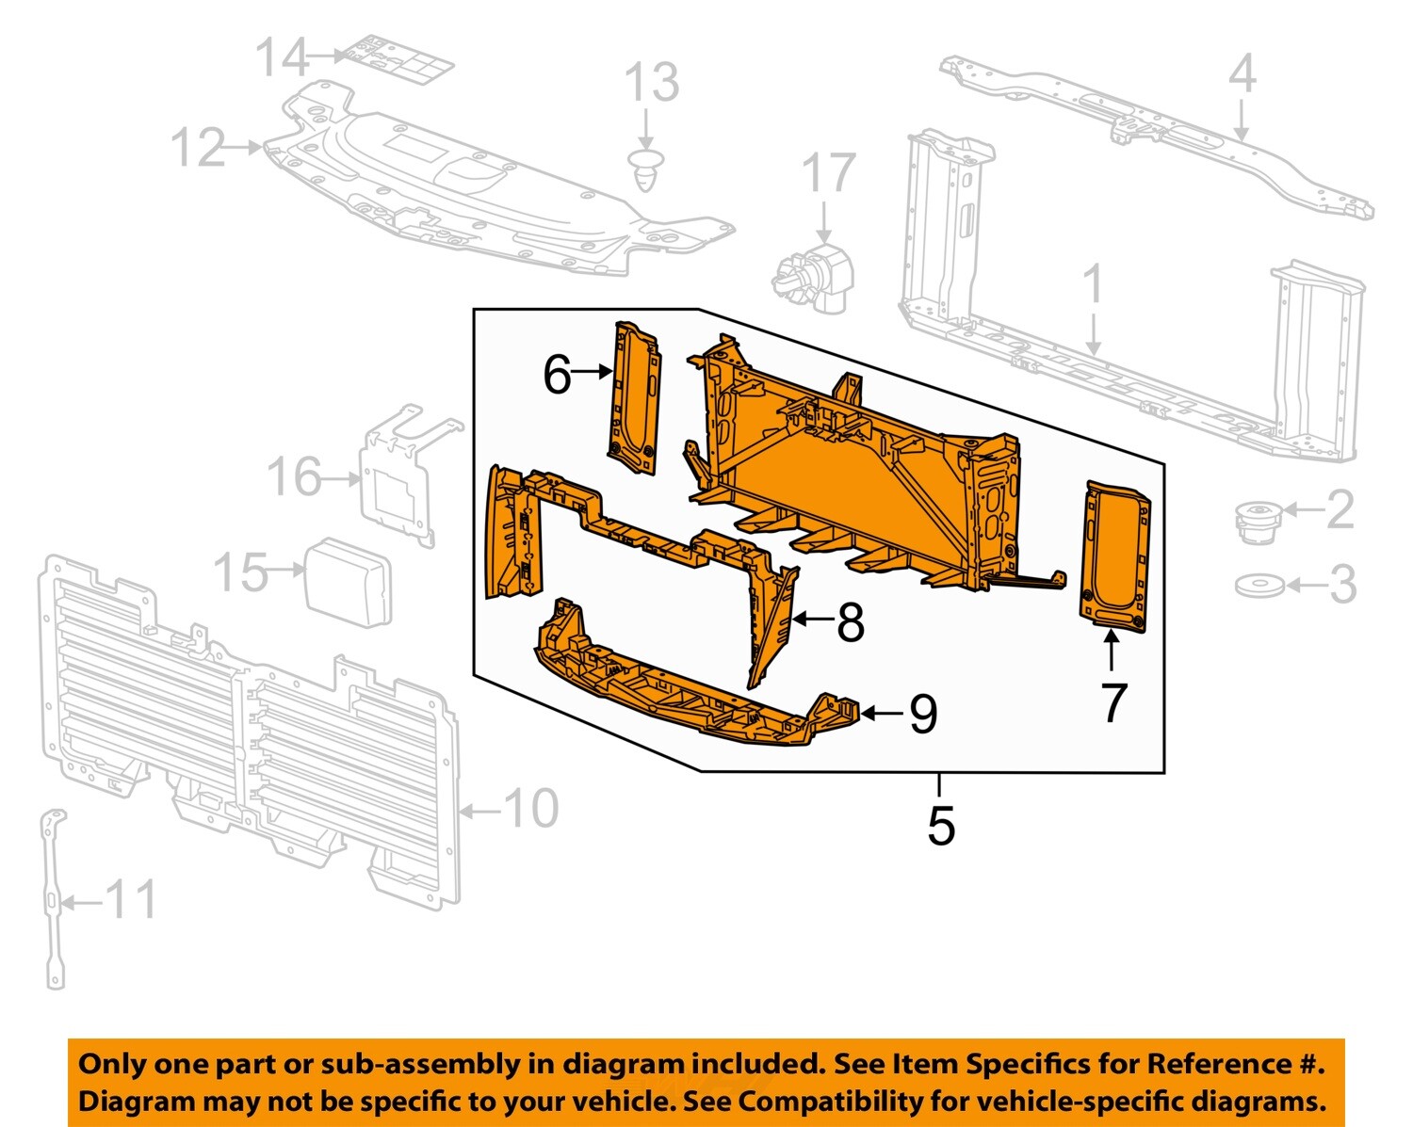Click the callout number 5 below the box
point(940,826)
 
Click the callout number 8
point(850,622)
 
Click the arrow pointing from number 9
point(882,714)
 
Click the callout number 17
point(828,175)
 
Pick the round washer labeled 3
point(1259,586)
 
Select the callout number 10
point(531,809)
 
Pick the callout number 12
point(199,148)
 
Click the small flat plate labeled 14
point(398,58)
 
